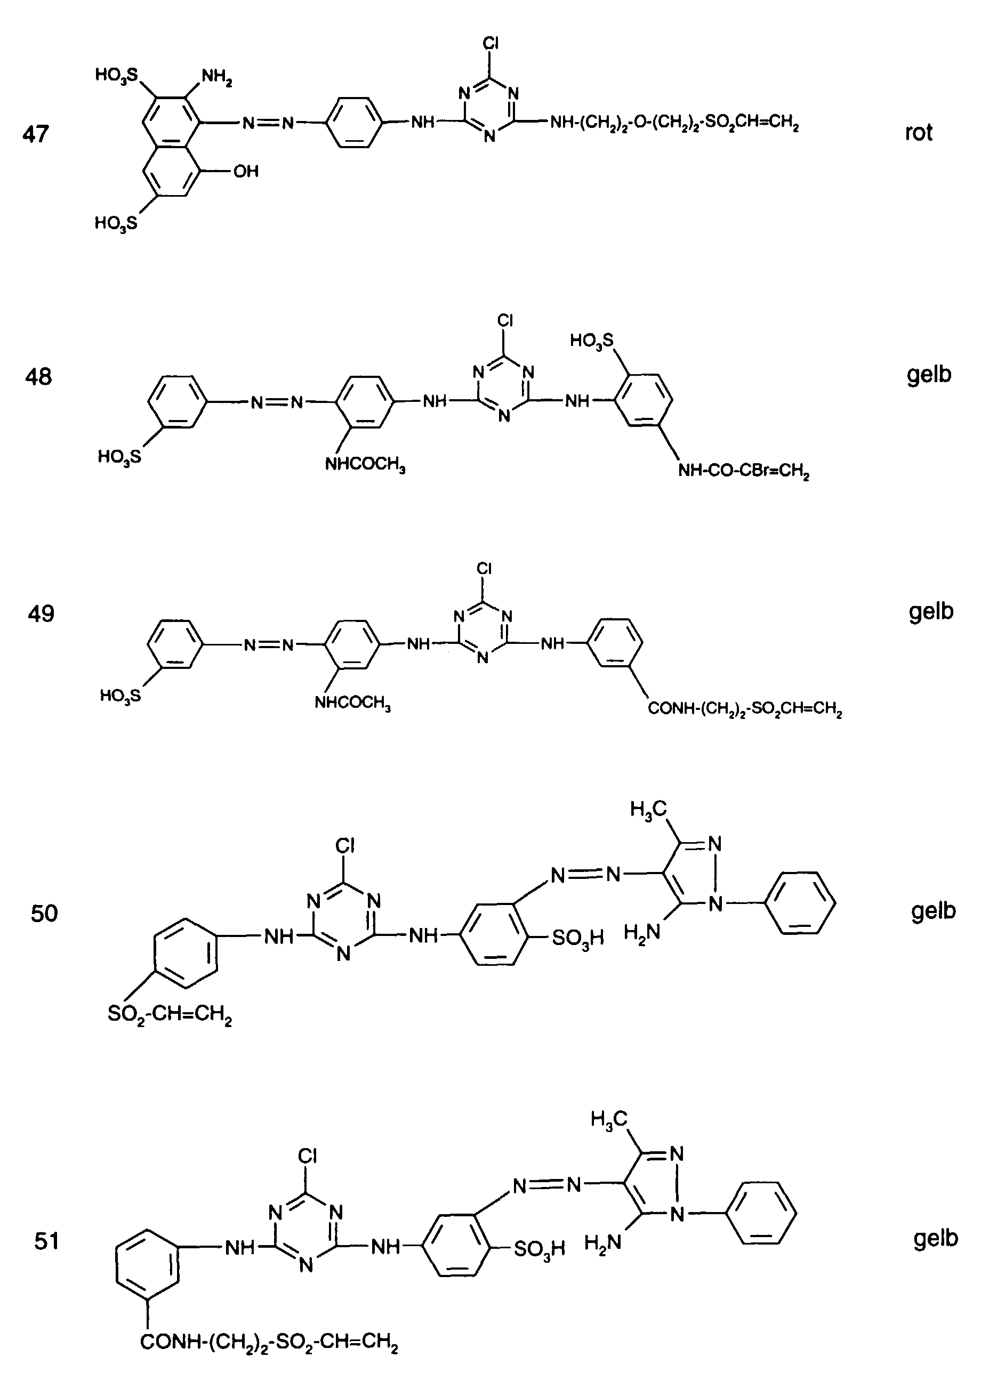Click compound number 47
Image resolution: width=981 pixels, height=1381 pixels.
[x=36, y=133]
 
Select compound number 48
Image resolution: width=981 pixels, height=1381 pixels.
[x=39, y=377]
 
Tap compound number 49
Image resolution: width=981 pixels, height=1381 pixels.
[x=41, y=614]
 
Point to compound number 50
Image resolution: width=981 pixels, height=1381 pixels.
[x=44, y=913]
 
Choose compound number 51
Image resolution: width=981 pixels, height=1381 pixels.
[x=46, y=1241]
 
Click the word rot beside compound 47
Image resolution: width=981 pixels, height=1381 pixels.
[x=918, y=132]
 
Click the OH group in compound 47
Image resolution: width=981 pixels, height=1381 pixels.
[x=246, y=172]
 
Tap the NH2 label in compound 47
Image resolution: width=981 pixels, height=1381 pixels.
[x=217, y=77]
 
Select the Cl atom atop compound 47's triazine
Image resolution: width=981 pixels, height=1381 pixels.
[x=490, y=44]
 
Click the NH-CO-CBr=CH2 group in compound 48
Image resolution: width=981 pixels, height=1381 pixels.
[x=743, y=471]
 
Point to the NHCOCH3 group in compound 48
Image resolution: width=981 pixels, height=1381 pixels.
[x=365, y=465]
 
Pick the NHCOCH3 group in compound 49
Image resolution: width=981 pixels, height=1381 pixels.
[x=353, y=703]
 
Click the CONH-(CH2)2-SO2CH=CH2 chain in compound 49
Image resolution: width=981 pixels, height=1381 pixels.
[x=745, y=708]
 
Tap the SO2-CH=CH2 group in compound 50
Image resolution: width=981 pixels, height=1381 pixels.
[x=170, y=1014]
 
